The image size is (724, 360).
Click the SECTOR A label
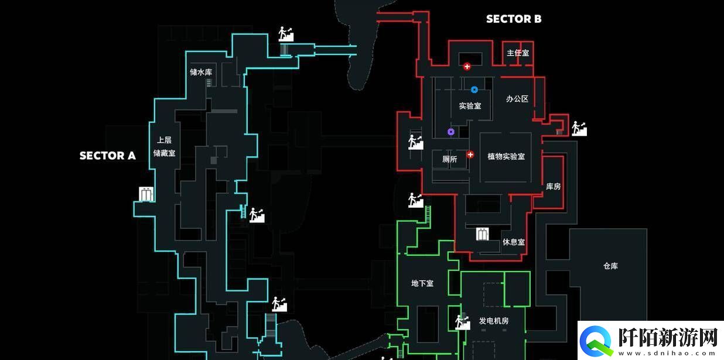click(x=107, y=156)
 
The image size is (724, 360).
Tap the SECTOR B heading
click(x=514, y=19)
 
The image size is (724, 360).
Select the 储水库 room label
click(x=200, y=72)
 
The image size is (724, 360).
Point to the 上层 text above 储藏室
click(x=164, y=140)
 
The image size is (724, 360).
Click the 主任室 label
click(x=518, y=53)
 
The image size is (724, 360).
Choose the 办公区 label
click(x=517, y=99)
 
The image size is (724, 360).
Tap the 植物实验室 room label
click(x=506, y=156)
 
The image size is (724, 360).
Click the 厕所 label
click(x=450, y=159)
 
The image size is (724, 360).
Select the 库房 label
click(x=553, y=186)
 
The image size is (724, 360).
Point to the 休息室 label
click(x=513, y=242)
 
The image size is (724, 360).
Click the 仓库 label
click(x=610, y=266)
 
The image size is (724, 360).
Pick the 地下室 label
click(x=422, y=283)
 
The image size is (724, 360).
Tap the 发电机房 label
click(x=494, y=321)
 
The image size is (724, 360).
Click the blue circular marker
click(x=474, y=90)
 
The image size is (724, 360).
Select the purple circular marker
click(x=450, y=132)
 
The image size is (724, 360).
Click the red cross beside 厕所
click(x=470, y=155)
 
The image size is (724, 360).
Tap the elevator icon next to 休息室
click(x=483, y=234)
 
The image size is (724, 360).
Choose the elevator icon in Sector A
click(x=146, y=194)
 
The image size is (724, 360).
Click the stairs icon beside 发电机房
click(x=463, y=321)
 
